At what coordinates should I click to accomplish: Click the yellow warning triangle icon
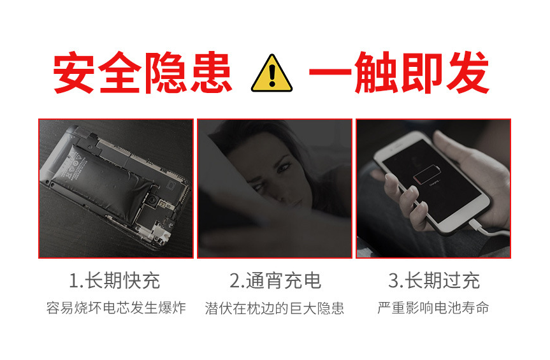coord(271,74)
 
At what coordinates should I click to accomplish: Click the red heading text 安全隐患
coord(143,72)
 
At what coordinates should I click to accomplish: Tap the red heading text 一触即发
coord(399,72)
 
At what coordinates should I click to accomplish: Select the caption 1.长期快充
coord(114,280)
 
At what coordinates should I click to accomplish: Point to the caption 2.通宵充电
coord(275,280)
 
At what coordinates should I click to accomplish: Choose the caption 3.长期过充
coord(434,280)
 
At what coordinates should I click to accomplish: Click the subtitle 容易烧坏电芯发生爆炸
coord(116,308)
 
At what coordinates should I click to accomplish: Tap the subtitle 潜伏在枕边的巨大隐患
coord(275,308)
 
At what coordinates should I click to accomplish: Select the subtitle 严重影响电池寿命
coord(433,308)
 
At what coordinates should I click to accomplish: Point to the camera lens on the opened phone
coord(152,201)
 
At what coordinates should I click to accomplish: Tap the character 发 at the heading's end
coord(468,72)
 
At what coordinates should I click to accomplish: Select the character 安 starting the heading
coord(74,72)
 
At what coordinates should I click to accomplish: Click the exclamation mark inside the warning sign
coord(272,75)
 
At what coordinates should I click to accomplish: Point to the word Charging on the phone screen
coord(434,184)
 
